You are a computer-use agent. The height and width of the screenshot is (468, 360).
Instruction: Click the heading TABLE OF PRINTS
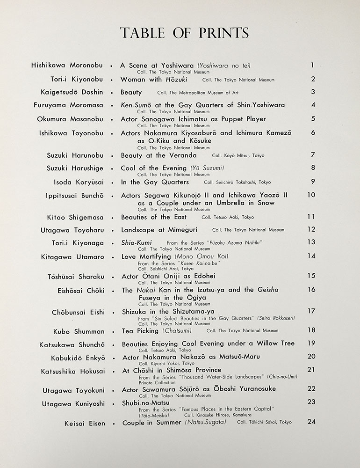(x=184, y=33)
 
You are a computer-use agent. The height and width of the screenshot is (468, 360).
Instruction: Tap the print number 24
(x=311, y=421)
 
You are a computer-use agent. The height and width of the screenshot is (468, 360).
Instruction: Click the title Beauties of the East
(x=153, y=217)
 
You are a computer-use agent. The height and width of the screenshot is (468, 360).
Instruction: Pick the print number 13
(x=311, y=241)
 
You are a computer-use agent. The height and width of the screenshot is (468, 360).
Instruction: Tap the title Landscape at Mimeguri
(x=159, y=230)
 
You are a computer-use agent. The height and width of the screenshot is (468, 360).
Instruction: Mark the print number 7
(x=313, y=155)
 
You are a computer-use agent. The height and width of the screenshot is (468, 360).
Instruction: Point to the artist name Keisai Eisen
(x=85, y=424)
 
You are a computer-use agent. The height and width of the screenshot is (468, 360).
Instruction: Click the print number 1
(x=312, y=66)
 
